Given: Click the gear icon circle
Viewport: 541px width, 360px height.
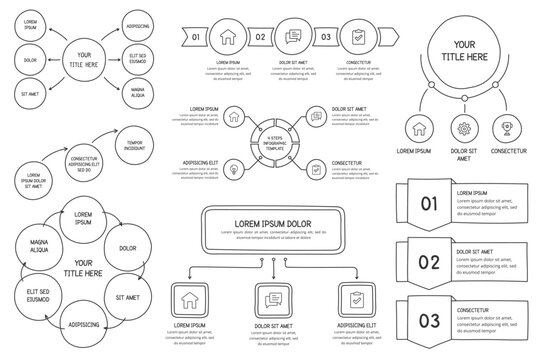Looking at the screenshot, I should (463, 128).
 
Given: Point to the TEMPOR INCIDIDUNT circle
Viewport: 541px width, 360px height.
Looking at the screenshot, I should (134, 144).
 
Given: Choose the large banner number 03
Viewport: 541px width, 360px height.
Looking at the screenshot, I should (428, 320).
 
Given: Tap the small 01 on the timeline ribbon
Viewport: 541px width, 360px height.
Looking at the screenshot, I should (197, 37).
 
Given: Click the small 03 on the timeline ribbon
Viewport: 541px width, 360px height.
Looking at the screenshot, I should (327, 37).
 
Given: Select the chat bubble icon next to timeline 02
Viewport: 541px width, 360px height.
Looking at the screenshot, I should (294, 37).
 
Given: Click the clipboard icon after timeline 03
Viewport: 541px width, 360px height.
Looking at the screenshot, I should (359, 37).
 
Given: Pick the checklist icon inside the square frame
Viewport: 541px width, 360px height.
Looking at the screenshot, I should (355, 298).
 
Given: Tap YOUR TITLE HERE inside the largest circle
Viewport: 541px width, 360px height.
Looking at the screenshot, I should (464, 50).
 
